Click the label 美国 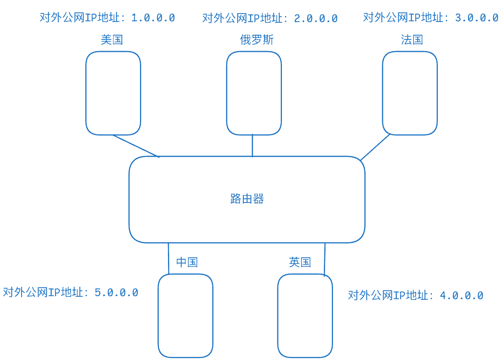point(112,40)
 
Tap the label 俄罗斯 point(257,40)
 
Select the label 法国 point(412,40)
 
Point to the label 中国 point(187,262)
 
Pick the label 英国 point(300,262)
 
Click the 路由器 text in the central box point(247,198)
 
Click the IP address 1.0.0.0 point(153,18)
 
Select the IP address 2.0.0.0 point(316,18)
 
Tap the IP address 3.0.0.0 point(477,18)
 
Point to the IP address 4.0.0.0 point(462,295)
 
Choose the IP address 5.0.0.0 point(116,293)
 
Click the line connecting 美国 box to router point(136,146)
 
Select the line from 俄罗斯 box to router point(252,145)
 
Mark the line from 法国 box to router point(375,147)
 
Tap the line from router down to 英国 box point(325,260)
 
